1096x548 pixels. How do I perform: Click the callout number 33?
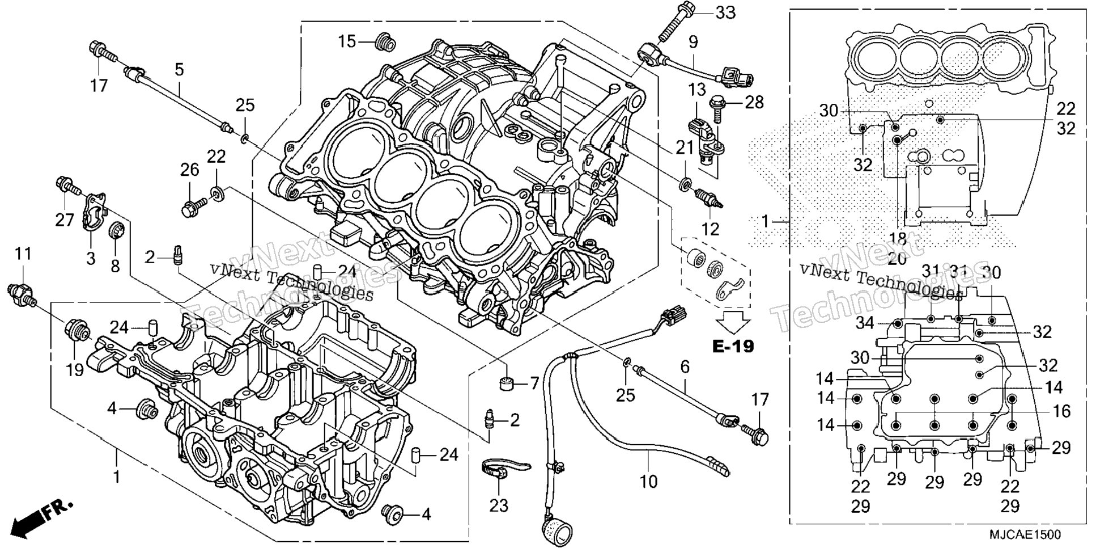point(725,12)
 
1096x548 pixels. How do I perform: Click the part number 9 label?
point(693,41)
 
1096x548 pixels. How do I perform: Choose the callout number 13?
point(697,90)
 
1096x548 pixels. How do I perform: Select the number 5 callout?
point(179,70)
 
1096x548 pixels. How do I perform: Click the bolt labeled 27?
point(69,187)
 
